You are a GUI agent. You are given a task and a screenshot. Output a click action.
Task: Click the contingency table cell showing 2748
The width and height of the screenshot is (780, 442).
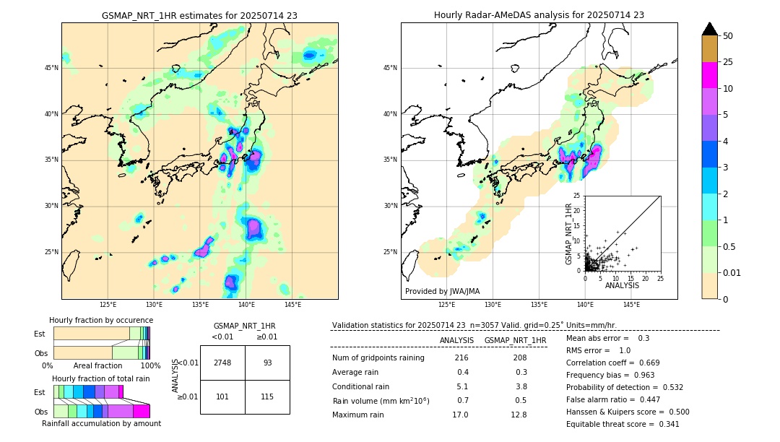click(222, 363)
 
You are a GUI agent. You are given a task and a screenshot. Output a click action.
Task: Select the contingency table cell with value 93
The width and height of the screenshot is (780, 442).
click(267, 363)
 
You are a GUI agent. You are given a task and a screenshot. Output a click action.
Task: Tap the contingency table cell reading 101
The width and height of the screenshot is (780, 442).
click(222, 396)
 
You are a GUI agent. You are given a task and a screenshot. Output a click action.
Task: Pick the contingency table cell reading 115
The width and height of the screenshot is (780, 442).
click(267, 396)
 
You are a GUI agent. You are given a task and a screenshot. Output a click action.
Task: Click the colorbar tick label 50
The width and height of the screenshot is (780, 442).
click(728, 36)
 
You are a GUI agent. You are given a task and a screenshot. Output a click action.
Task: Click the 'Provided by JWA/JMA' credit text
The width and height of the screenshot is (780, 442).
click(442, 292)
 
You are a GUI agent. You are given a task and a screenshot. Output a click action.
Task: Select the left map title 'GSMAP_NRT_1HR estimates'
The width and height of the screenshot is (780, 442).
click(199, 16)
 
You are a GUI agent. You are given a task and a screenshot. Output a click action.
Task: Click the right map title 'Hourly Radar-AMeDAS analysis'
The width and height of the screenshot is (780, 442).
click(539, 15)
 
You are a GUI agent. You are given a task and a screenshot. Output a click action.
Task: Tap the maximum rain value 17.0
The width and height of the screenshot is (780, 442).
click(461, 415)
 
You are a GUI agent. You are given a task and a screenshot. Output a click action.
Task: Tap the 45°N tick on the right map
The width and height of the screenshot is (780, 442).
click(390, 68)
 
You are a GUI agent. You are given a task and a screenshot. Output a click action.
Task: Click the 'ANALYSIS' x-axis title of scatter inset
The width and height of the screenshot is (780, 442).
click(622, 285)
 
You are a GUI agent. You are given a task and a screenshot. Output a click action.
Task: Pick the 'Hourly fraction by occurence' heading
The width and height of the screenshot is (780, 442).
click(101, 320)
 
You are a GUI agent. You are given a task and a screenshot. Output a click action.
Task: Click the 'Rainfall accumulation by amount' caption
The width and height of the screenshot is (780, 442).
click(101, 424)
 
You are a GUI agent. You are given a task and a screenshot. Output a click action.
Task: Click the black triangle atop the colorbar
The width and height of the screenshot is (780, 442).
click(710, 29)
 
